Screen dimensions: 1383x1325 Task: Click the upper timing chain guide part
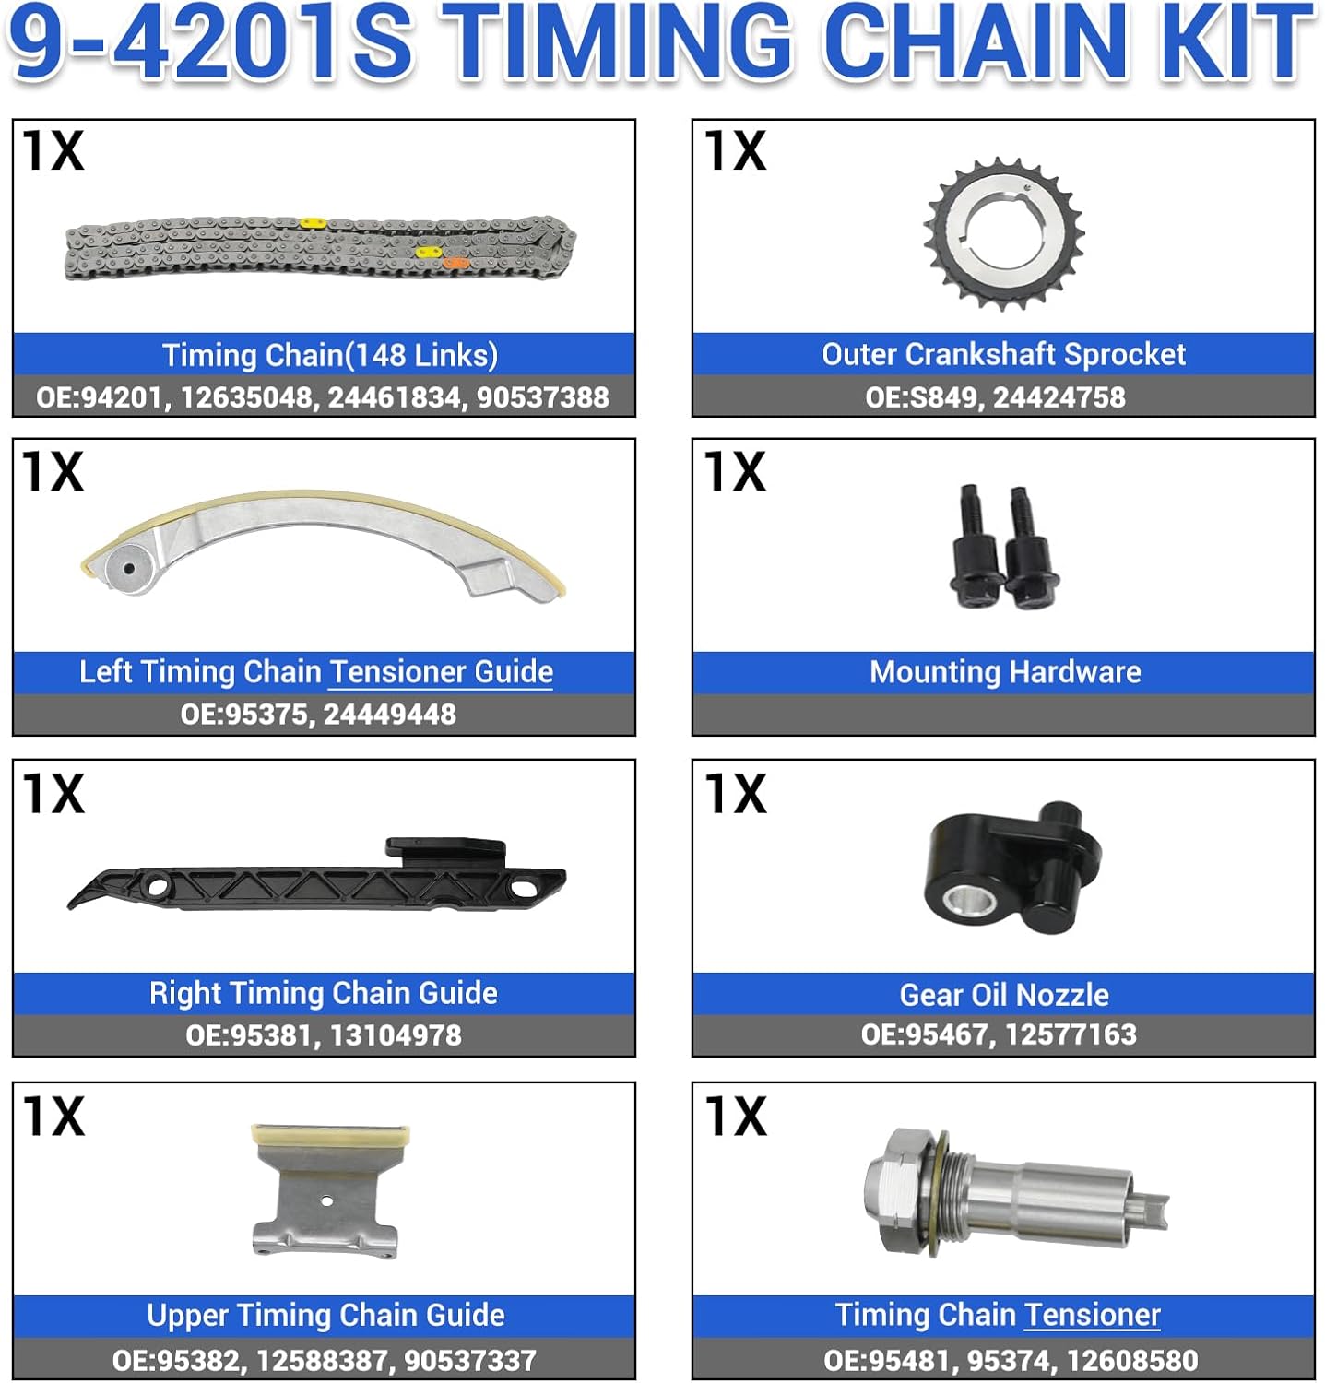click(x=326, y=1189)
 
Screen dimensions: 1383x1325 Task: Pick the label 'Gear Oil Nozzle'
click(x=1003, y=995)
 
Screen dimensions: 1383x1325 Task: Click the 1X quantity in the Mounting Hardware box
click(x=735, y=471)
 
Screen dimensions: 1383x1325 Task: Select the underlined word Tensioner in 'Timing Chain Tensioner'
click(x=1092, y=1315)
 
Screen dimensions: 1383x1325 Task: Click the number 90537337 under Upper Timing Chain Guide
click(x=469, y=1360)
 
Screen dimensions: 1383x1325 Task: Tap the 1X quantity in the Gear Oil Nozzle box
click(x=735, y=794)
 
